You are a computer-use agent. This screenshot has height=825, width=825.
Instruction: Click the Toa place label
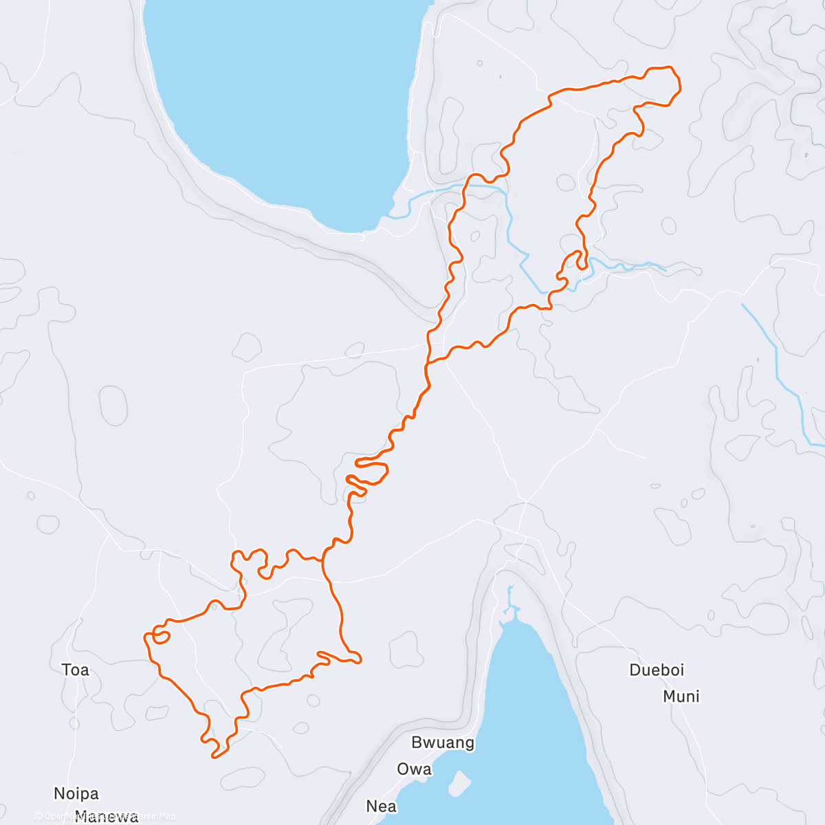click(x=75, y=670)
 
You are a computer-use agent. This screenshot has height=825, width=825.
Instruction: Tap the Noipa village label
click(x=76, y=793)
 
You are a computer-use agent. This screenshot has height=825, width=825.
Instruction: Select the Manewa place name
click(x=107, y=817)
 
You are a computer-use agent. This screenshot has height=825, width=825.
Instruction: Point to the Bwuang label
click(x=443, y=742)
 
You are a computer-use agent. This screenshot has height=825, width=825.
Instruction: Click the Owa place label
click(x=414, y=769)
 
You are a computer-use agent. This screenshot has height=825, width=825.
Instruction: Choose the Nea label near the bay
click(x=381, y=806)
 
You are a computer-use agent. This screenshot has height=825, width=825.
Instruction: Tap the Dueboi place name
click(x=657, y=670)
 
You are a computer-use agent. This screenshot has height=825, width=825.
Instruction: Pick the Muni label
click(x=681, y=696)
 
